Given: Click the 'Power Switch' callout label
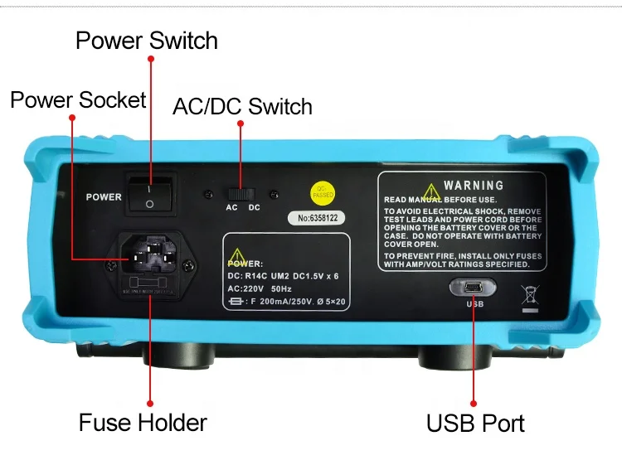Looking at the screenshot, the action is (x=147, y=41).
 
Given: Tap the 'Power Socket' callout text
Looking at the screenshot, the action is (x=78, y=100).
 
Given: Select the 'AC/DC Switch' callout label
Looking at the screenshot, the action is (x=242, y=107).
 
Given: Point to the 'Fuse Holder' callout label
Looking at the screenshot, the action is (x=143, y=422).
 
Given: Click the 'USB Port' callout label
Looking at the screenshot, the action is (x=475, y=423).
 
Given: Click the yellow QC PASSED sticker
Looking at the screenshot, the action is (x=322, y=191).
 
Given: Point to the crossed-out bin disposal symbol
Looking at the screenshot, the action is (x=528, y=296).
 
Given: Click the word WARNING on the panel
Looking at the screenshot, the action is (x=474, y=186).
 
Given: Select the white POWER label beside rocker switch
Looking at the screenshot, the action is (x=104, y=197).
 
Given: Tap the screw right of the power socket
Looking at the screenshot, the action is (x=189, y=265).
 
